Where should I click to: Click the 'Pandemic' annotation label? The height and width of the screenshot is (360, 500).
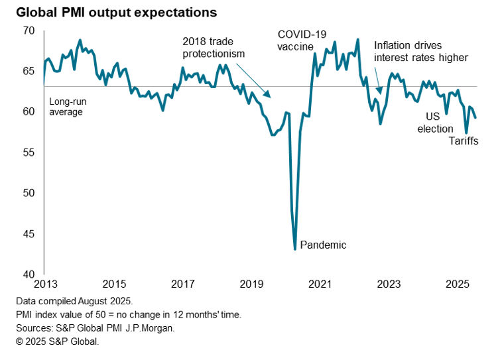pos(324,245)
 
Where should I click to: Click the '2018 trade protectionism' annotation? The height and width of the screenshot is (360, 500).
pos(214,47)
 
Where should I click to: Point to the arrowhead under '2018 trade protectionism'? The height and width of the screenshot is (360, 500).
pos(269,97)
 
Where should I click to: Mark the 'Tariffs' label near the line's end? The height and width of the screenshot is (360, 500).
pos(464,141)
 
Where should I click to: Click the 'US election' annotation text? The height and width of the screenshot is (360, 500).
pos(435,122)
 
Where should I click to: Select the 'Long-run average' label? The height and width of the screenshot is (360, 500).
pos(68,107)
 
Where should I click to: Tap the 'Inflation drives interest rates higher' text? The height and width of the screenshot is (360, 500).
pos(421,52)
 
